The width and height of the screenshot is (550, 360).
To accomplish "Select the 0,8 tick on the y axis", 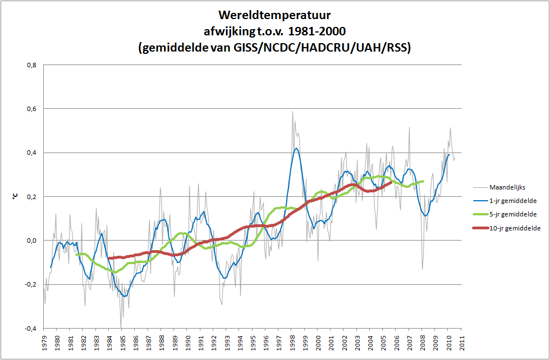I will [33, 65].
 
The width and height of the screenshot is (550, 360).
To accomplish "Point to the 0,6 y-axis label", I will [33, 109].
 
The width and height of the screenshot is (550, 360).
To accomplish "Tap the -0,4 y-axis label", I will [31, 329].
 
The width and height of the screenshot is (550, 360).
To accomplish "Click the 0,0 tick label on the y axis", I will [33, 241].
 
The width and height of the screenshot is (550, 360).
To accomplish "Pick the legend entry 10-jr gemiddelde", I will [516, 228].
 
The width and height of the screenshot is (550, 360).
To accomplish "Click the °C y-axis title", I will [15, 197].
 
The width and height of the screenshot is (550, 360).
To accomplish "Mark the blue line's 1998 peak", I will [296, 149].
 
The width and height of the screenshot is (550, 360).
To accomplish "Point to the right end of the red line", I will [391, 182].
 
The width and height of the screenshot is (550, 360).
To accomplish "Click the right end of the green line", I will [423, 181].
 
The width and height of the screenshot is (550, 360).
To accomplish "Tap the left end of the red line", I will [109, 259].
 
